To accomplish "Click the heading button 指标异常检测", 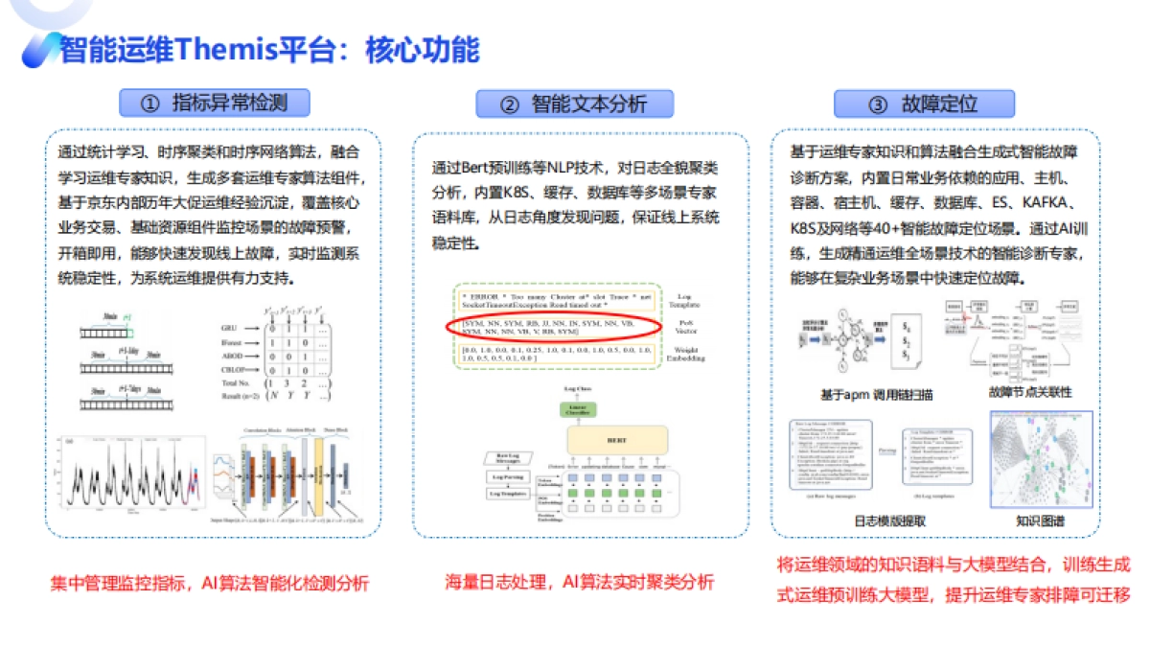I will (214, 103).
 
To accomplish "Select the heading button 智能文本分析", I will (574, 104).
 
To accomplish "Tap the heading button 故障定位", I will (924, 104).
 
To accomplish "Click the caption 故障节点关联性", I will (1029, 393).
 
